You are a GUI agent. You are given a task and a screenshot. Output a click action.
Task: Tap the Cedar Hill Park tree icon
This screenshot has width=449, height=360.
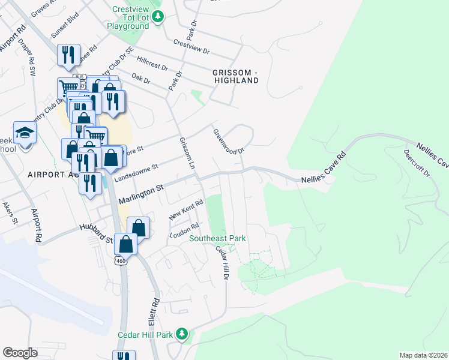tap(185, 334)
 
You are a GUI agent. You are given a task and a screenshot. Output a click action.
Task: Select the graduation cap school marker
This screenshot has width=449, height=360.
tap(25, 133)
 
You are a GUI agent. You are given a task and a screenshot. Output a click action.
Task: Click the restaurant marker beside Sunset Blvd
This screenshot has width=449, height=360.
tap(68, 55)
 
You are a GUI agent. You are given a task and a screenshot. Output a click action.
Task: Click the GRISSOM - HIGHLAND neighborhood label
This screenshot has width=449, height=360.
tap(235, 76)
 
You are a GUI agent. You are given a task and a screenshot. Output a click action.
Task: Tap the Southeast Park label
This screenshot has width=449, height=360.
tap(217, 238)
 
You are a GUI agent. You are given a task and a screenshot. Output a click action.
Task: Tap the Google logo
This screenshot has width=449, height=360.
tap(20, 352)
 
